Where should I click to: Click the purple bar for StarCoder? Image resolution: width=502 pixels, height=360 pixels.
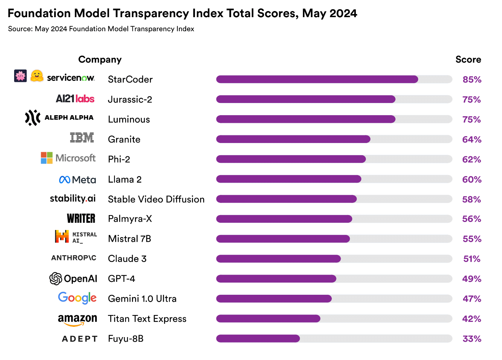pos(317,79)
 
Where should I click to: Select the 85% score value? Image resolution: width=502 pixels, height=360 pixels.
pos(472,80)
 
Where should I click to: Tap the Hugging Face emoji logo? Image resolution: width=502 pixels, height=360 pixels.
pos(37,76)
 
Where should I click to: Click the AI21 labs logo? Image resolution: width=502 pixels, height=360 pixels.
pos(75,99)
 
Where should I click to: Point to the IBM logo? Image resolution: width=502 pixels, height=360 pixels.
pos(82,138)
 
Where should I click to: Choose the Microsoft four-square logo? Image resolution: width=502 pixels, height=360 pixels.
pos(47,158)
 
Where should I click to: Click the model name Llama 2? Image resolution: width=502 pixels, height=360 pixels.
pos(125,179)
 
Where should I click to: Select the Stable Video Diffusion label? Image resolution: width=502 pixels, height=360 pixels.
pos(156,199)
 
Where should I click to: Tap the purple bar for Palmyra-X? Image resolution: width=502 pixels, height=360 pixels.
pos(284,219)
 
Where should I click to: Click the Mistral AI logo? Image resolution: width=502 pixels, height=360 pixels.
pos(76,237)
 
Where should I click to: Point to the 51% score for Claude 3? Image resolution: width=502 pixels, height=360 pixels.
pos(472,259)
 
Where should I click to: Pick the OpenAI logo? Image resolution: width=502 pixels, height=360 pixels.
pos(73,279)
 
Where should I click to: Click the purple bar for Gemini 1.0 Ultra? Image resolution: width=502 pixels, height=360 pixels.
pos(274,299)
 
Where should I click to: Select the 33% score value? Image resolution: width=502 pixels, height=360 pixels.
pos(472,339)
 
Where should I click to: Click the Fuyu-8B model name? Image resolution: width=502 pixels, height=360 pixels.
pos(125,339)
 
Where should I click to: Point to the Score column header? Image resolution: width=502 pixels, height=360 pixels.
pos(468,59)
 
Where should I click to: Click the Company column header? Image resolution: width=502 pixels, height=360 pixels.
pos(100,59)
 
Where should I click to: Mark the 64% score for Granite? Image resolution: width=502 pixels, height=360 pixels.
pos(472,140)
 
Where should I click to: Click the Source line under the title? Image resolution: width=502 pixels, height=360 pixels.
pos(101,29)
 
